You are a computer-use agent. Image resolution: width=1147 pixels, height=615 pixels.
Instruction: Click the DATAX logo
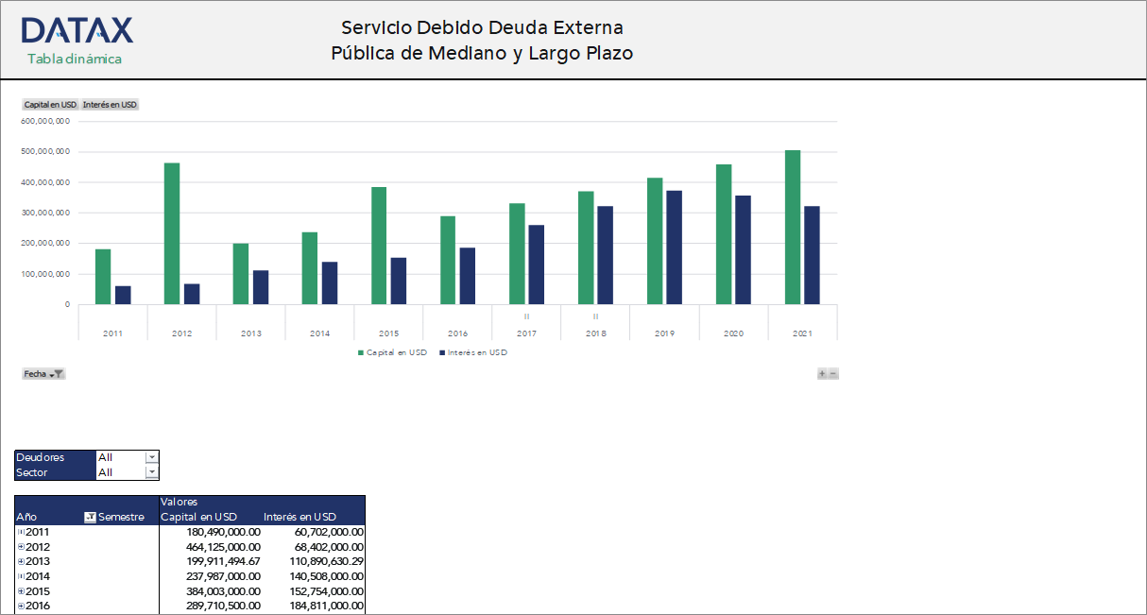(77, 31)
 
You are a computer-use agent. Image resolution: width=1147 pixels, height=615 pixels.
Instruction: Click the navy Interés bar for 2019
(674, 248)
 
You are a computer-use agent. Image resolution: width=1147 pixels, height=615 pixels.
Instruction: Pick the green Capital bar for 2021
(793, 227)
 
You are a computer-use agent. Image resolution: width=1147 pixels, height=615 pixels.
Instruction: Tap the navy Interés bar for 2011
(123, 295)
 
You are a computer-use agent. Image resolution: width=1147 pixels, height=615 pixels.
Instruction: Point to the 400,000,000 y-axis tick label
(45, 182)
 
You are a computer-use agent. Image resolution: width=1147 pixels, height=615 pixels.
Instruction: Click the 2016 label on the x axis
(457, 333)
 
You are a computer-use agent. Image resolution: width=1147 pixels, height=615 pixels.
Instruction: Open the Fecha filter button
(43, 374)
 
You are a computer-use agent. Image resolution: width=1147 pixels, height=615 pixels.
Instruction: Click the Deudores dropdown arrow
(152, 457)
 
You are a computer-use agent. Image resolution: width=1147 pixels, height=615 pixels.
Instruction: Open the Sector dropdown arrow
(152, 472)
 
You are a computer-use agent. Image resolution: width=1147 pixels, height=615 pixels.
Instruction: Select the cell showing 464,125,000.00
(211, 547)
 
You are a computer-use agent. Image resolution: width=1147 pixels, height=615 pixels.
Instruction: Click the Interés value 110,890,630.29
(314, 561)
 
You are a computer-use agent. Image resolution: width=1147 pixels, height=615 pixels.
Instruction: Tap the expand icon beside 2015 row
(21, 591)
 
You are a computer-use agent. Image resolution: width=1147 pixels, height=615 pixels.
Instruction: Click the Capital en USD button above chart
(50, 105)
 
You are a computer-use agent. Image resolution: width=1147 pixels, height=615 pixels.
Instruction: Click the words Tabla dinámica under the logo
(75, 59)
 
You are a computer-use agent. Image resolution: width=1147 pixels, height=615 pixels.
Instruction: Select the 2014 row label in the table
(38, 576)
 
